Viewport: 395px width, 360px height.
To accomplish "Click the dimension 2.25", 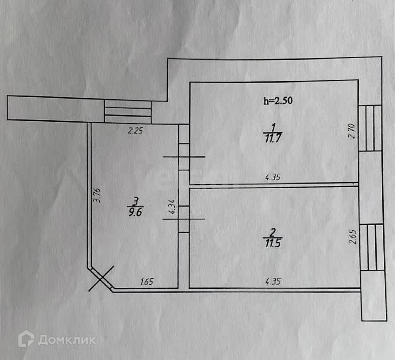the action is pos(135,131).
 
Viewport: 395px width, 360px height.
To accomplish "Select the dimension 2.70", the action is pos(351,130).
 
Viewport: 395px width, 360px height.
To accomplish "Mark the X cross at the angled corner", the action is pos(100,278).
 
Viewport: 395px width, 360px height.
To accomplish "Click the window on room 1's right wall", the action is pos(370,128).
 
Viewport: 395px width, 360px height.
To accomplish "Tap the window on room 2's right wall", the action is pos(371,247).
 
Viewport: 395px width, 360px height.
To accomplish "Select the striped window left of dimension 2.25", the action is pos(127,112).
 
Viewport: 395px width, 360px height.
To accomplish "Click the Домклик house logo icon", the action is pos(26,339).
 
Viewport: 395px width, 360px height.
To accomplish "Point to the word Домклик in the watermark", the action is pos(66,340).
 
